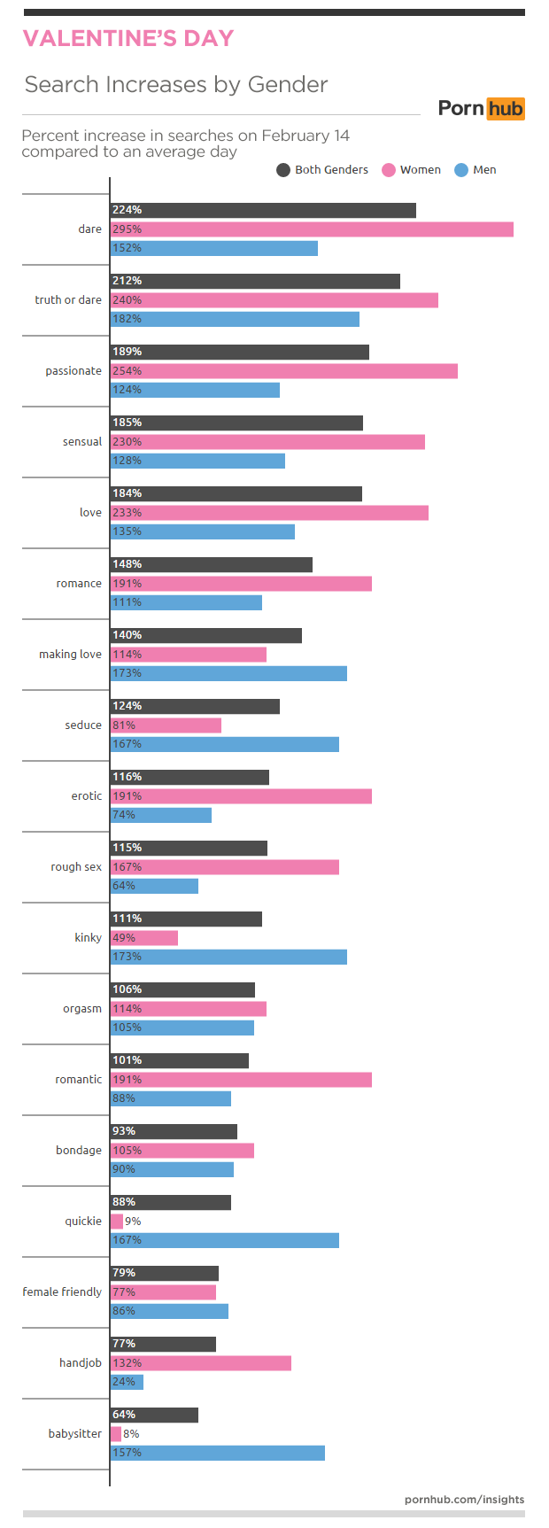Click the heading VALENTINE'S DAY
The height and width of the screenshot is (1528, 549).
pos(128,39)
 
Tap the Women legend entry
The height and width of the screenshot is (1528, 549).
pos(412,170)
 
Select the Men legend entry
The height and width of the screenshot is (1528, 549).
pos(476,170)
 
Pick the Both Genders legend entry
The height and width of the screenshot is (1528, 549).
pos(322,170)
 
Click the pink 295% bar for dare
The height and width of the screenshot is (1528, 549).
pos(312,229)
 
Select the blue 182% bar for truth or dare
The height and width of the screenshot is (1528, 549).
pos(235,319)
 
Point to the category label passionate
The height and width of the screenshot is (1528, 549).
pos(73,371)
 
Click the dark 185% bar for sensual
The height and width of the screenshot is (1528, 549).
pos(236,423)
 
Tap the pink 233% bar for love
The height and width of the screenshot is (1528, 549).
pos(269,513)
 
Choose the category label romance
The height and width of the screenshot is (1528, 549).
pos(79,584)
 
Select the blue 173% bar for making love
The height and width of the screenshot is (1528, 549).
pos(228,673)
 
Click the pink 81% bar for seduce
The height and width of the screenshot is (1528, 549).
pos(166,725)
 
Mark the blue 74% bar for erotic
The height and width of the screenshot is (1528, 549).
pos(161,815)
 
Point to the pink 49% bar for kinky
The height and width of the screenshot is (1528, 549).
pos(144,938)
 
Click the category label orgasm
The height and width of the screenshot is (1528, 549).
pos(82,1009)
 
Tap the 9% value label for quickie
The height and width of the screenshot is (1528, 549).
pos(133,1222)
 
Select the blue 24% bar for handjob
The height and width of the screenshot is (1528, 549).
pos(127,1382)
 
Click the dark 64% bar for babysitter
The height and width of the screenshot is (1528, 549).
pos(154,1416)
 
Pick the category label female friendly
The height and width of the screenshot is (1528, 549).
pos(62,1292)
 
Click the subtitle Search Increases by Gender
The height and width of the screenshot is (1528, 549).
pos(176,85)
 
